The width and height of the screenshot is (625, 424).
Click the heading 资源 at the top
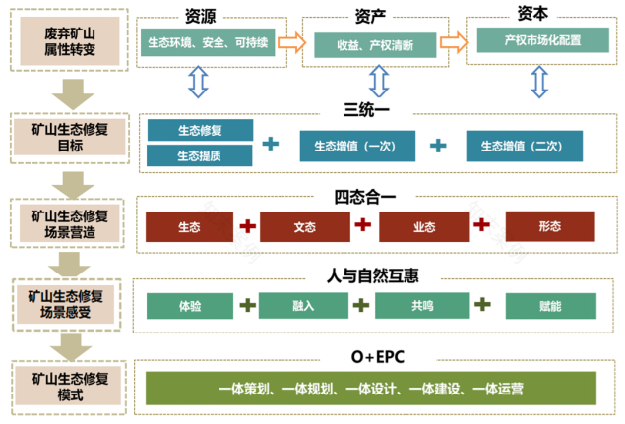point(200,14)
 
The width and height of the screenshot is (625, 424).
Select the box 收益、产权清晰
point(373,45)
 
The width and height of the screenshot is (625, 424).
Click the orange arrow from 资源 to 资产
point(290,43)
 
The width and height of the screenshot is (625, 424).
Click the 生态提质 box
point(199,155)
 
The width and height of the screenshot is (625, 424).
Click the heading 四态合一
point(366,198)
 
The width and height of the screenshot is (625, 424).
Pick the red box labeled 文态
point(304,227)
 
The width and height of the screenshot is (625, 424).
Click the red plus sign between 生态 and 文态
point(247,226)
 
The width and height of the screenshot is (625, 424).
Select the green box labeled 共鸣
point(421,306)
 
